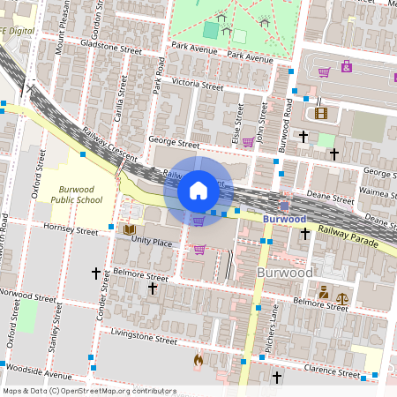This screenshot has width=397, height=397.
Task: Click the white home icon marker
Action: tap(198, 190)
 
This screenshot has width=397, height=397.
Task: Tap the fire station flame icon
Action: tap(198, 360)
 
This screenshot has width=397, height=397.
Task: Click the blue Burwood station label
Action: tap(284, 218)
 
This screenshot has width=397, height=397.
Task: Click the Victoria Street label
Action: tap(198, 85)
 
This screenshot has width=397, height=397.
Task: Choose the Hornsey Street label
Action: tap(72, 230)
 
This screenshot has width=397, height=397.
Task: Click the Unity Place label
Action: tap(153, 240)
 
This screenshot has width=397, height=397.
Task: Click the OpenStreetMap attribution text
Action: tap(88, 390)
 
